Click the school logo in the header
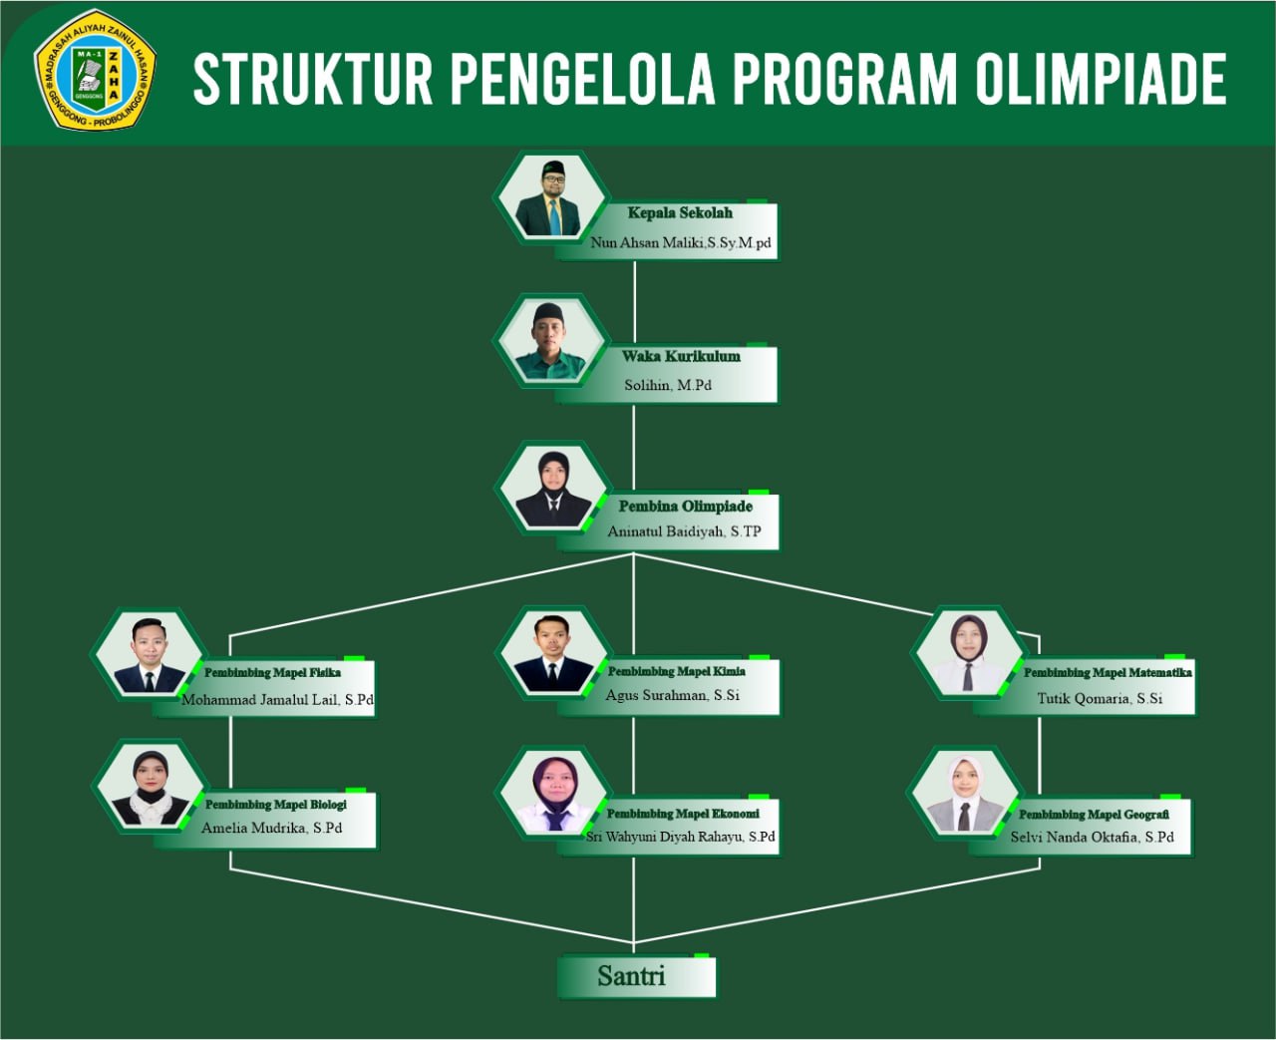(96, 71)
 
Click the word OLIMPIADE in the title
(1102, 79)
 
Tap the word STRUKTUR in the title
(313, 79)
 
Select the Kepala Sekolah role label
(680, 212)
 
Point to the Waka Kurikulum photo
(550, 341)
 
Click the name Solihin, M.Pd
(668, 385)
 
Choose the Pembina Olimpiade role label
(685, 507)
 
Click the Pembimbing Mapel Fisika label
(272, 672)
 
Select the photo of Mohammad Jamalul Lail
(150, 654)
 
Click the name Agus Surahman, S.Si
(672, 695)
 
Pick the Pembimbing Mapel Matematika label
(1108, 672)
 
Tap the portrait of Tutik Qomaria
(968, 653)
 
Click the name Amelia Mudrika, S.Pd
(271, 828)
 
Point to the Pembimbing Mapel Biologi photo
(151, 787)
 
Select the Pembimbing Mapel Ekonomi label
(683, 814)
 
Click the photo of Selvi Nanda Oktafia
(966, 793)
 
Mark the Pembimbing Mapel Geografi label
(1094, 814)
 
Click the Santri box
(636, 976)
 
